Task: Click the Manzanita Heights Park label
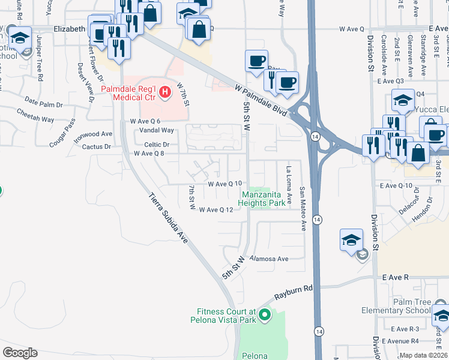[x=263, y=199]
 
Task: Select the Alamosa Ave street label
[x=270, y=259]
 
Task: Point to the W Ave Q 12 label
[x=216, y=209]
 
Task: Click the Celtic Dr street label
[x=157, y=145]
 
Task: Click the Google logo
[x=20, y=353]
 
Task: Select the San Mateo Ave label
[x=303, y=208]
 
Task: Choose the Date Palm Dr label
[x=40, y=104]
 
